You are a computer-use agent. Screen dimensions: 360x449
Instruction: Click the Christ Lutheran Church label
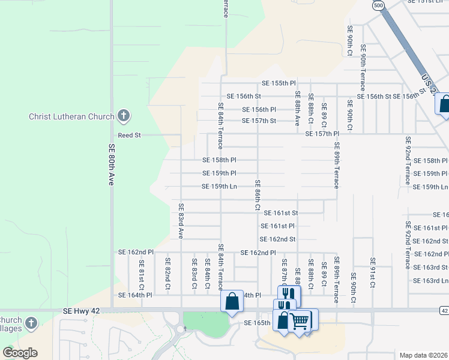click(71, 116)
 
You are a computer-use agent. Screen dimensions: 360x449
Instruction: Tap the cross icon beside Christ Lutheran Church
click(124, 115)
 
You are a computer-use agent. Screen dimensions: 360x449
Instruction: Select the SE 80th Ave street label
click(111, 164)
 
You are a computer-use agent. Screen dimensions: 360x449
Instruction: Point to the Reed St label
click(129, 136)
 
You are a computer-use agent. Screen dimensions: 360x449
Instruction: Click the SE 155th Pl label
click(279, 83)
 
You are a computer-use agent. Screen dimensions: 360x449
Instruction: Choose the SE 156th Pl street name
click(259, 110)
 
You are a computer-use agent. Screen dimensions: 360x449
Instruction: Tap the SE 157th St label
click(259, 121)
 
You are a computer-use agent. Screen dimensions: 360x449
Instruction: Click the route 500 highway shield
click(378, 5)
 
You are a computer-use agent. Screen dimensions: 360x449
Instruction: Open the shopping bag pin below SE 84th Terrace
click(232, 302)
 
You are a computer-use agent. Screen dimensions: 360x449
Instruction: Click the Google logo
click(20, 353)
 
